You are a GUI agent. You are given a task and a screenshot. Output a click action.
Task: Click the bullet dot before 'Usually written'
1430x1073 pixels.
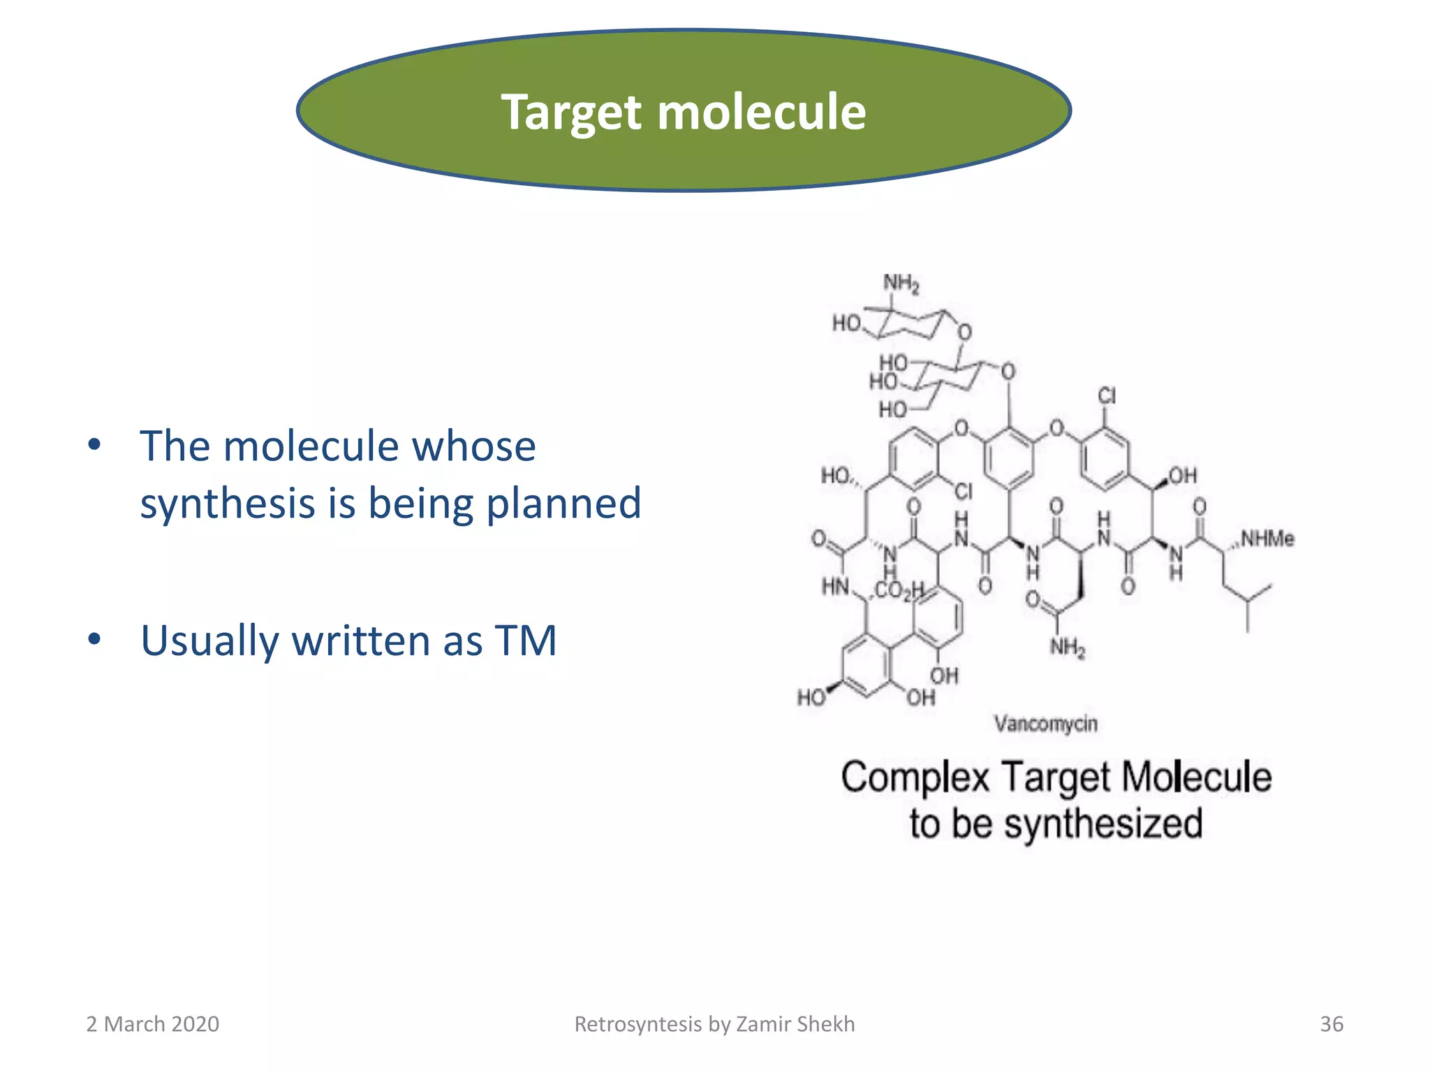point(95,638)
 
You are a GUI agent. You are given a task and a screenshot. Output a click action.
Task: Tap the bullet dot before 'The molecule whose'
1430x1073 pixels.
point(95,444)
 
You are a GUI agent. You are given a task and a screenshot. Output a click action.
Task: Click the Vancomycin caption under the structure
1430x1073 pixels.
point(1045,724)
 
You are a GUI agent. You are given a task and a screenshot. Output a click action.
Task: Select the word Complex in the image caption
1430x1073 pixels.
point(915,778)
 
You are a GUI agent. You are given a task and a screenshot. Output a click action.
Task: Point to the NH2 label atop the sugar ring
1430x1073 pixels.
point(901,284)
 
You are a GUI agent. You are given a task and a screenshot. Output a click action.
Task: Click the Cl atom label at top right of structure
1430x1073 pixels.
point(1107,396)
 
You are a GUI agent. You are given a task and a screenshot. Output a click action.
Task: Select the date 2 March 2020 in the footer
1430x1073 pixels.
point(152,1024)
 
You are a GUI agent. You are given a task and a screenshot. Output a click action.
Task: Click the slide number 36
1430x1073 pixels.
point(1331,1024)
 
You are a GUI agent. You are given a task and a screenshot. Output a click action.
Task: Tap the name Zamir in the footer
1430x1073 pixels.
point(763,1024)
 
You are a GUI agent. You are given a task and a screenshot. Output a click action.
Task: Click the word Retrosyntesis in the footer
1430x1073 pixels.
point(637,1024)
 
